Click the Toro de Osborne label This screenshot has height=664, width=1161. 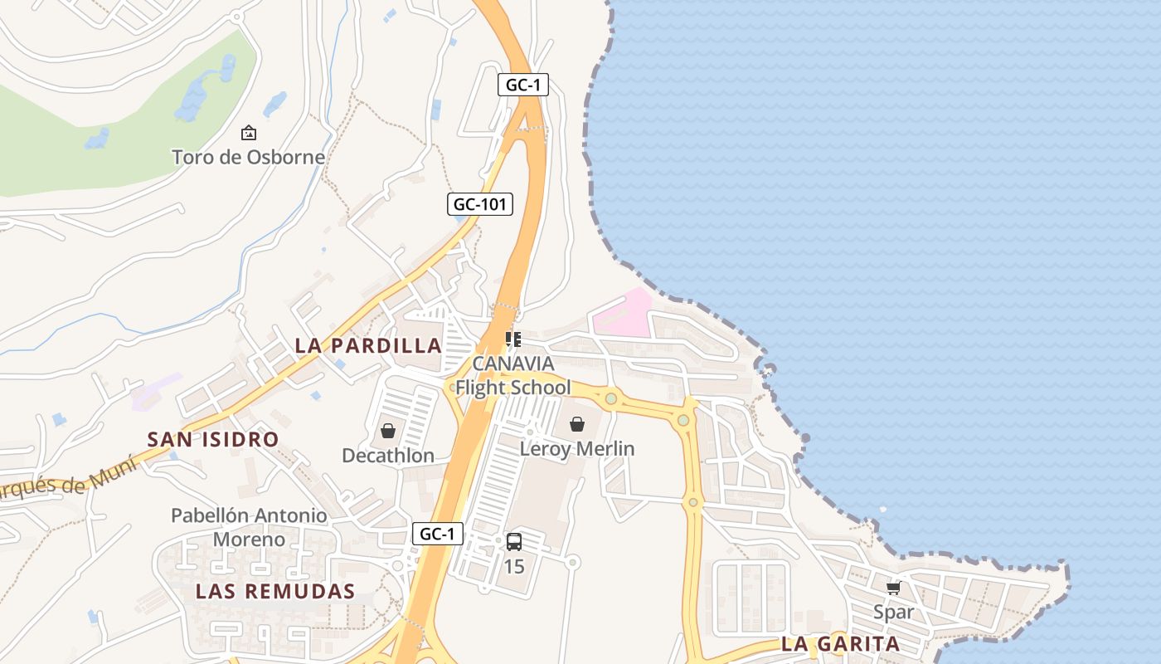coord(248,157)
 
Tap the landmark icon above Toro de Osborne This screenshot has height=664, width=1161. coord(248,133)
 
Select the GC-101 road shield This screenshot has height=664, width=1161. coord(481,204)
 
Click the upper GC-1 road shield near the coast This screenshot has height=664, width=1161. coord(523,85)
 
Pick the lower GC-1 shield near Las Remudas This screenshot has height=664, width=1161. coord(437,534)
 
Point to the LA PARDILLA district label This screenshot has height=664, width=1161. coord(367,346)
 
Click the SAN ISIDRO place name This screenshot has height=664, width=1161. coord(213,440)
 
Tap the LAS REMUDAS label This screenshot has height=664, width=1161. coord(275,592)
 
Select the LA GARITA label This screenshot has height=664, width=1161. coord(840,644)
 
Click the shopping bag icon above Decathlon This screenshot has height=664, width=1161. coord(387,431)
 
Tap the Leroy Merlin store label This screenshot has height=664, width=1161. coord(577,449)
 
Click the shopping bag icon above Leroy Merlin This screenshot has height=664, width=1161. coord(577,425)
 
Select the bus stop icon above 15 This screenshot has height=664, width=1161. coord(514,542)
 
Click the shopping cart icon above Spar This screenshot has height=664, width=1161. coord(893,588)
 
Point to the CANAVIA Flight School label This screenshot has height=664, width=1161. coord(513,376)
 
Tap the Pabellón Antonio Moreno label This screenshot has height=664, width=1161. coord(249,527)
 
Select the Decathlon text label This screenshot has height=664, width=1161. coord(388,456)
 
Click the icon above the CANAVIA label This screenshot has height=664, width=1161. coord(513,339)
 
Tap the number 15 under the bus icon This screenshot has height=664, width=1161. coord(514,567)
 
